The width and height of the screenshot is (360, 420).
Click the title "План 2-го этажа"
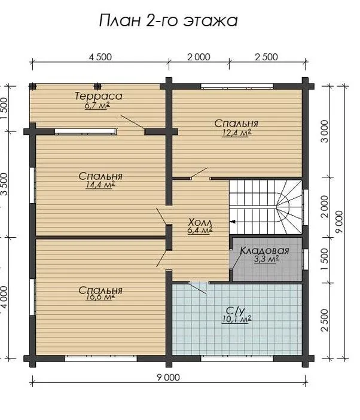169,21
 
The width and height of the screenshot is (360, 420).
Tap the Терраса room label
99,96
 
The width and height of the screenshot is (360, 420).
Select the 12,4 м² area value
236,133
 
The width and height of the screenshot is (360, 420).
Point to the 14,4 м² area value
100,185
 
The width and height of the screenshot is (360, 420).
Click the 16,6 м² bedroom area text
100,298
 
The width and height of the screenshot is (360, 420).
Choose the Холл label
200,222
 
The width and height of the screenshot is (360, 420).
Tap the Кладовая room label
264,251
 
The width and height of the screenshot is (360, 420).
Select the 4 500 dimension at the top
100,57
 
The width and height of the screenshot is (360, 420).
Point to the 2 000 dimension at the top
199,57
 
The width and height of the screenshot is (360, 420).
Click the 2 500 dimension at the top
267,57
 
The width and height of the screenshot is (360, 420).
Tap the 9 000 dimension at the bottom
169,378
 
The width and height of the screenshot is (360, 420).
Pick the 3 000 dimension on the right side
324,131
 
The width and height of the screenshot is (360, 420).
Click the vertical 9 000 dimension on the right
339,222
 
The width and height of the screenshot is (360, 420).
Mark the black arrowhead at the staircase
233,222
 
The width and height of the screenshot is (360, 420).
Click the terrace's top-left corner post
33,86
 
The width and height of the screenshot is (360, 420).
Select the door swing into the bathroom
198,288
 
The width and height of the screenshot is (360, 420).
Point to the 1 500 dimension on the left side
5,109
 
